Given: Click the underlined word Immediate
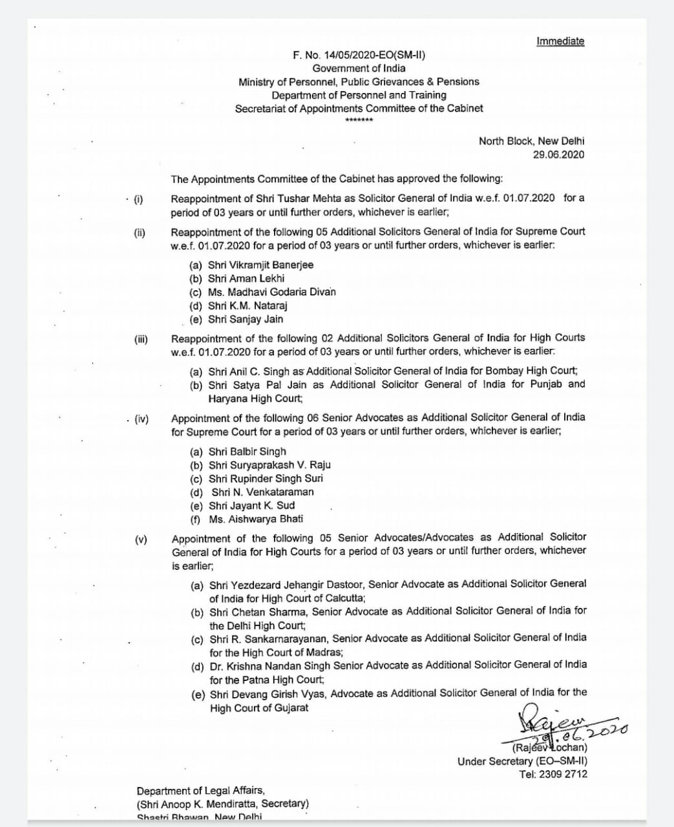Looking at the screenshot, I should tap(560, 41).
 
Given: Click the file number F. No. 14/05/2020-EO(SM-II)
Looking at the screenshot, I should tap(359, 55).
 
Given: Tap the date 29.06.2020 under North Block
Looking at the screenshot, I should tap(558, 154).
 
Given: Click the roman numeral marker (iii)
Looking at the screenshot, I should tap(140, 339).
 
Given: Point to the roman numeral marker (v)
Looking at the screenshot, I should tap(140, 539).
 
